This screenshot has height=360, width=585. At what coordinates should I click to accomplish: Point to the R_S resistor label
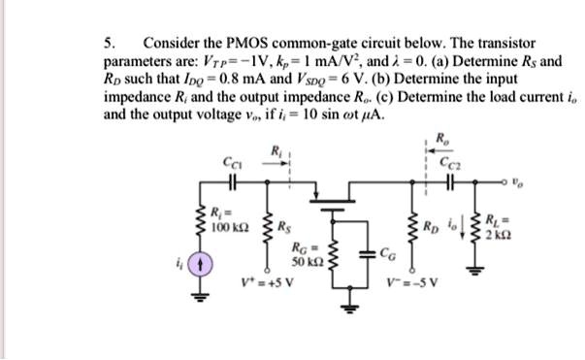click(284, 230)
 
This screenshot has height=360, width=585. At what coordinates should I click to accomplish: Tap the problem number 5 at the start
click(108, 45)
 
